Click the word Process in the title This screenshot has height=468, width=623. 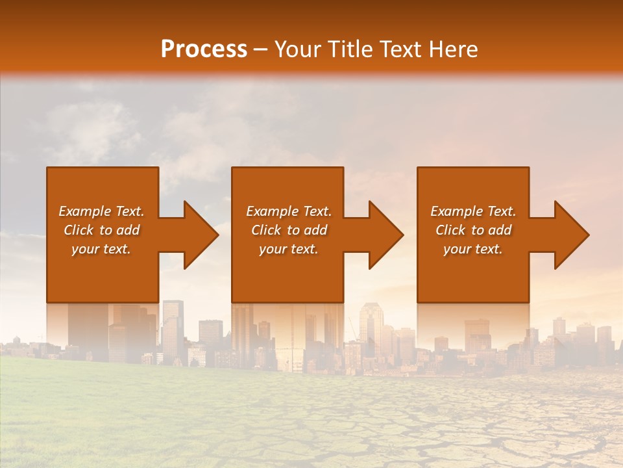(x=204, y=49)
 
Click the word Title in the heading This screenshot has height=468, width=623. (x=349, y=49)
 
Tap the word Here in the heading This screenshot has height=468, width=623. (x=452, y=49)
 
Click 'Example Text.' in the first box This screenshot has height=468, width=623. (x=101, y=211)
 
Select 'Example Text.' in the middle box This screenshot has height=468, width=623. (x=288, y=211)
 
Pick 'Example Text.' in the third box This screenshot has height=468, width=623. (x=473, y=211)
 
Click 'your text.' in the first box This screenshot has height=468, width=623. (x=101, y=249)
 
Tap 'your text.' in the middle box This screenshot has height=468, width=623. (x=288, y=249)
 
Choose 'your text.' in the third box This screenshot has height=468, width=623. (x=473, y=249)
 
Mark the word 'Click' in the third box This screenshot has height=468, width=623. (x=450, y=230)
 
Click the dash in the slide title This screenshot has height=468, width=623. (x=260, y=50)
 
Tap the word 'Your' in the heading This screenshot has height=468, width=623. (x=298, y=49)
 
